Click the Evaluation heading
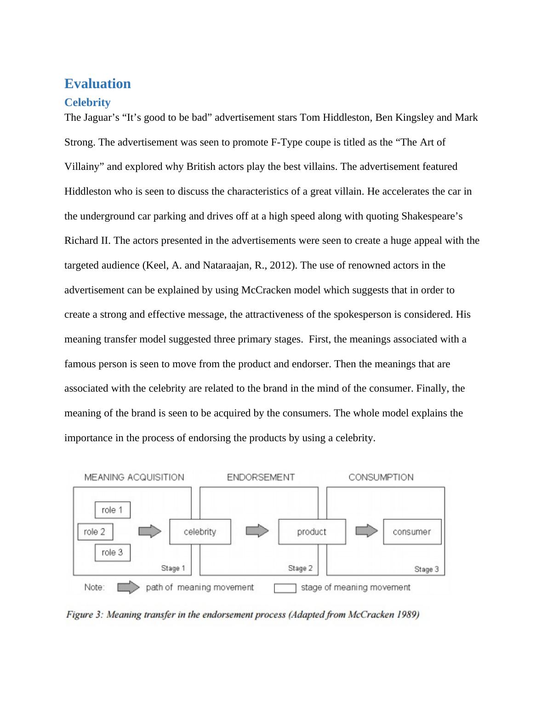coord(97,84)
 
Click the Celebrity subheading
coord(87,102)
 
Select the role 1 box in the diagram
coord(112,510)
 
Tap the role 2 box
coord(95,532)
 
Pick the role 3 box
coord(112,552)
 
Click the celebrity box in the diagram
coord(200,532)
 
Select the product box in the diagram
coord(312,532)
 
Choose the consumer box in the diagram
coord(412,532)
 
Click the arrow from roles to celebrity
coord(150,532)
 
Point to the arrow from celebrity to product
coord(257,531)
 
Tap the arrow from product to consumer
coord(366,531)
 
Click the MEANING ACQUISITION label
coord(134,477)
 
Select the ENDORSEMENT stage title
coord(261,477)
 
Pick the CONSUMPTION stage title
coord(381,477)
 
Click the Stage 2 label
coord(300,568)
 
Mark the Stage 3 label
coord(427,569)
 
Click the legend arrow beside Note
coord(128,588)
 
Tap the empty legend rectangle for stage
coord(285,588)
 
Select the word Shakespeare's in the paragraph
coord(432,216)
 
